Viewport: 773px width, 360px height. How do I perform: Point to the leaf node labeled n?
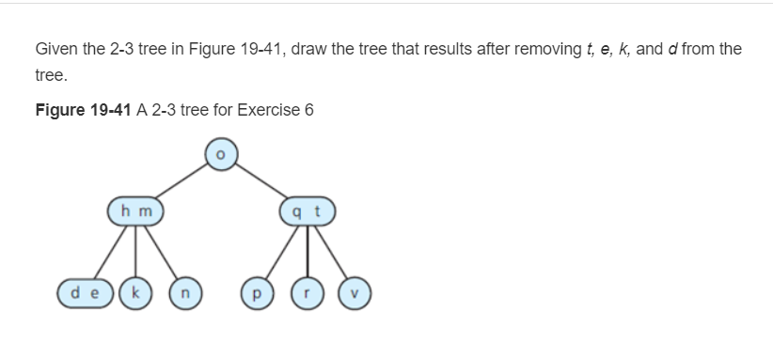[x=185, y=292]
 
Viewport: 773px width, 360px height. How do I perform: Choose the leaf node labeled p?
[x=254, y=292]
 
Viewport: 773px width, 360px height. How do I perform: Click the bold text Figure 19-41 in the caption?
[x=84, y=110]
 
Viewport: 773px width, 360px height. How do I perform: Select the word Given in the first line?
[x=55, y=48]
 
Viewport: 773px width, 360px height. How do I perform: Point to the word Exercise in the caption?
[x=269, y=110]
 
